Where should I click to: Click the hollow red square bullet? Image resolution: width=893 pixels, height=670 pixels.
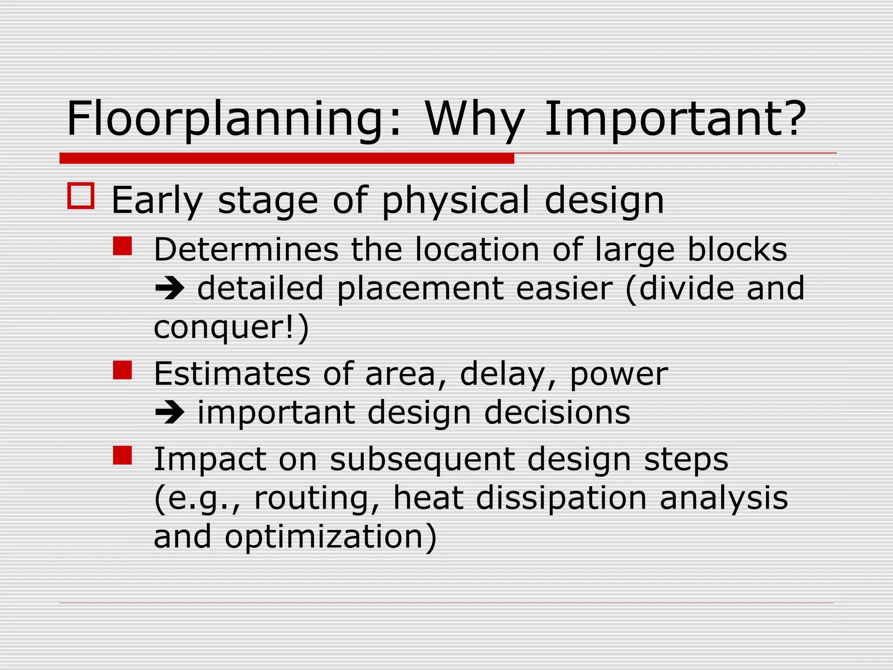81,196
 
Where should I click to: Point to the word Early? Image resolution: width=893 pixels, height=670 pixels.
157,201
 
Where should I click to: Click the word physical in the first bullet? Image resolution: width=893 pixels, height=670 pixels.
456,201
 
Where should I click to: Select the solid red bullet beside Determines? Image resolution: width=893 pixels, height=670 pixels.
122,246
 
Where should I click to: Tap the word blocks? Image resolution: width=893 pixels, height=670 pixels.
737,250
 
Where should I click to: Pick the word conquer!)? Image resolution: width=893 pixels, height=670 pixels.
231,327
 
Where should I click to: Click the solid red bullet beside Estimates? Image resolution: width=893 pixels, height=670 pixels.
122,370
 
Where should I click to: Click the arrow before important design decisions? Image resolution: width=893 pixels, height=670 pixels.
170,413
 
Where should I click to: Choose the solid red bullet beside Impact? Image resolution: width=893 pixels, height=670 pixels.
122,455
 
